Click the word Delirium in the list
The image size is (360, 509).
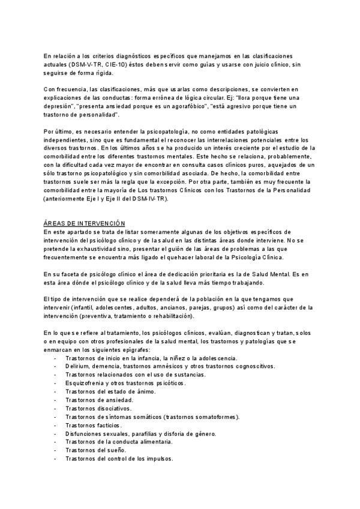pos(78,366)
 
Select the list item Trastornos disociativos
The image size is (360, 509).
pos(98,408)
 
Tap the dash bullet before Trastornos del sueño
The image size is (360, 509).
pos(55,450)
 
